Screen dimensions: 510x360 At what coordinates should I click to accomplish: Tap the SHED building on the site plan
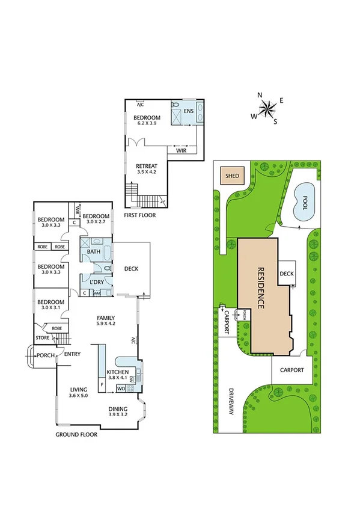[x=231, y=176]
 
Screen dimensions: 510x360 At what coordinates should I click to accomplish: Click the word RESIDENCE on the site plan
[x=261, y=288]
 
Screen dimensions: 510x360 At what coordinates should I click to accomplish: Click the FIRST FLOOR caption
[x=140, y=214]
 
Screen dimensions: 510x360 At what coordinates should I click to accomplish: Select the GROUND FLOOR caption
[x=78, y=434]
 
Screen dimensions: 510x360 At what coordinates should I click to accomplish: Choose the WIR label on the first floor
[x=181, y=150]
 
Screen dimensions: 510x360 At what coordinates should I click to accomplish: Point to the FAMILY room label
[x=106, y=318]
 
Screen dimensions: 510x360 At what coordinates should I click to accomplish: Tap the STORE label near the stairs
[x=41, y=339]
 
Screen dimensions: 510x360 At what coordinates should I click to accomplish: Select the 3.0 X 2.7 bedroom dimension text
[x=96, y=222]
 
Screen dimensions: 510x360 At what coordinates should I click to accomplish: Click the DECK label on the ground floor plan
[x=131, y=268]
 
